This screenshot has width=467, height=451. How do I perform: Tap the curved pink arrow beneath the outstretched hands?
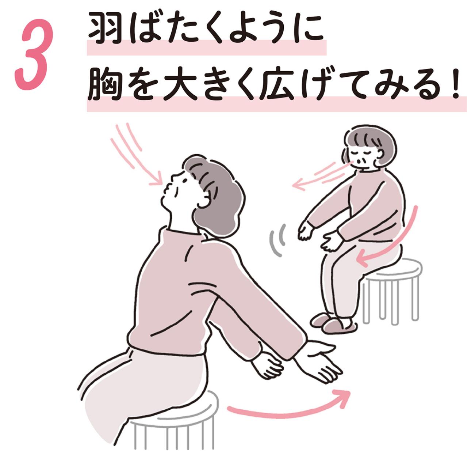(288, 406)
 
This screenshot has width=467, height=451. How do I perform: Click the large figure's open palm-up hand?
(321, 362)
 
